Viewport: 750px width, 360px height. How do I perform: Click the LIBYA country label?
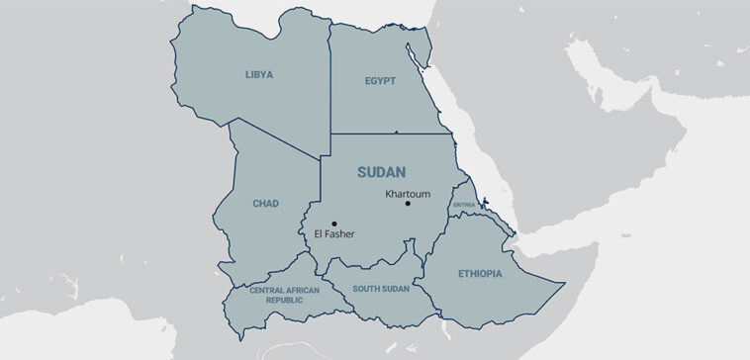(259, 74)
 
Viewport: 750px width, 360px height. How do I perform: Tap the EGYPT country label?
(380, 81)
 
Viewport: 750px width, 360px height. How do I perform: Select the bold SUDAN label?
(381, 172)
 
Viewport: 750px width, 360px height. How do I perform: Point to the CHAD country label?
(265, 204)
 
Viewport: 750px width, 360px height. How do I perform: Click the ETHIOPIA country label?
(480, 273)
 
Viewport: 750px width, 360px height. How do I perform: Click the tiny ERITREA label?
(464, 205)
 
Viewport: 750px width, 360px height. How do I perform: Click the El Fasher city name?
(333, 234)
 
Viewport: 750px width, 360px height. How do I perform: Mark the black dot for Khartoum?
(408, 204)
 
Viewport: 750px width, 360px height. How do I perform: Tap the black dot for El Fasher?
(334, 224)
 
